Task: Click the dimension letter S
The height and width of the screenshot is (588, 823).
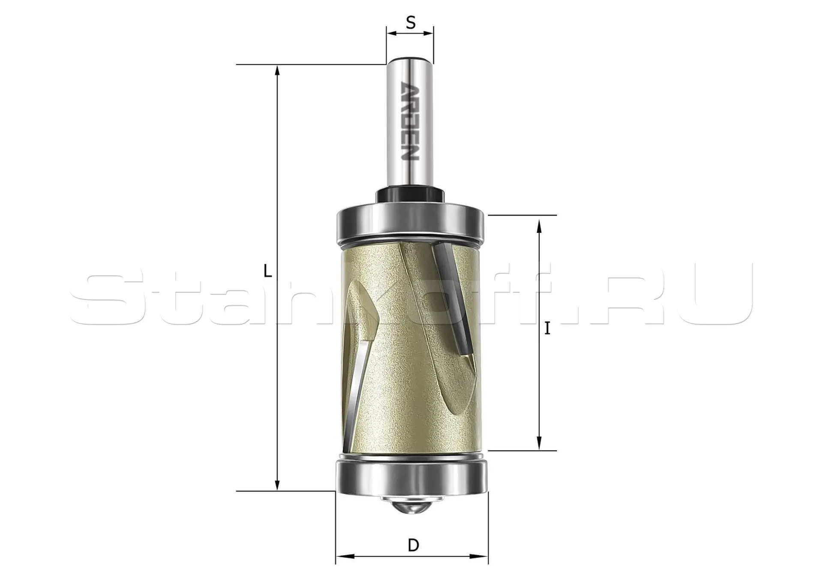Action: (411, 23)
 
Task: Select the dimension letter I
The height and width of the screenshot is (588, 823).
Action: (547, 329)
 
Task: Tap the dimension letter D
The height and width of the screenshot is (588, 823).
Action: (413, 546)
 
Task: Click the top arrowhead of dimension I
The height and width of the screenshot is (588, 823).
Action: (539, 224)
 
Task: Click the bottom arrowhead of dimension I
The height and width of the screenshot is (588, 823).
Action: (539, 444)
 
